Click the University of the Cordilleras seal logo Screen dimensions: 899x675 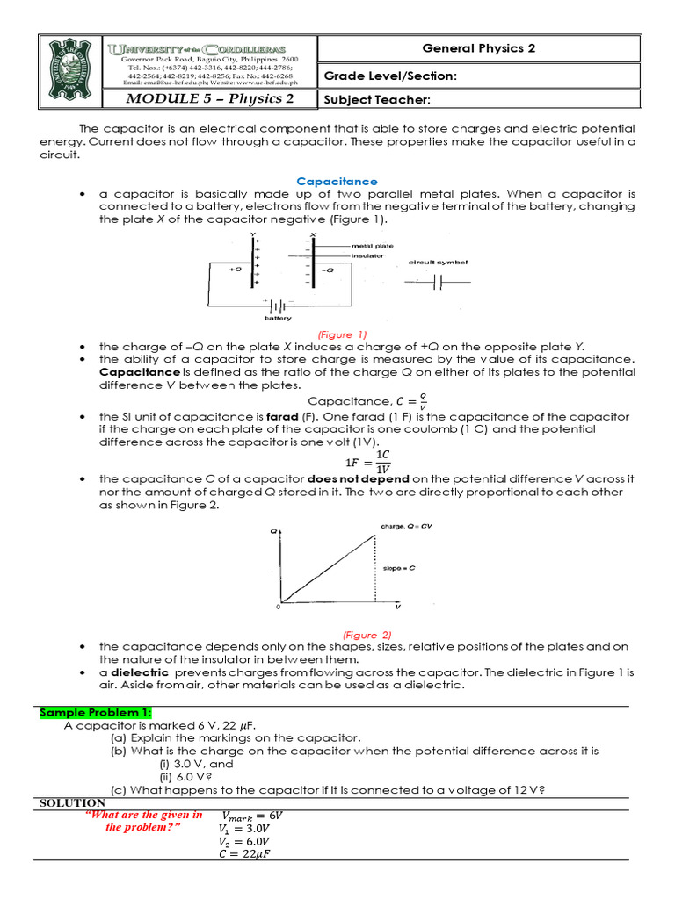tap(70, 71)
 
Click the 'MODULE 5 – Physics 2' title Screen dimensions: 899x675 tap(210, 98)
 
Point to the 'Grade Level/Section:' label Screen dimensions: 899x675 tap(391, 76)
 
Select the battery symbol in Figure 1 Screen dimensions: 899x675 tap(279, 307)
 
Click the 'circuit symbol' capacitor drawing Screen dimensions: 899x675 tap(437, 282)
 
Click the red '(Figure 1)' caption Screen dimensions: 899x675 tap(343, 334)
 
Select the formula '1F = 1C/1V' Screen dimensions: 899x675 tap(368, 460)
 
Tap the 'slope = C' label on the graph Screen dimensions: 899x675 tap(398, 568)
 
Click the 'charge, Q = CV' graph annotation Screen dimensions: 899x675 tap(404, 526)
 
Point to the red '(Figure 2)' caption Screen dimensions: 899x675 tap(343, 634)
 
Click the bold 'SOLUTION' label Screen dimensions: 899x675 tap(73, 802)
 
